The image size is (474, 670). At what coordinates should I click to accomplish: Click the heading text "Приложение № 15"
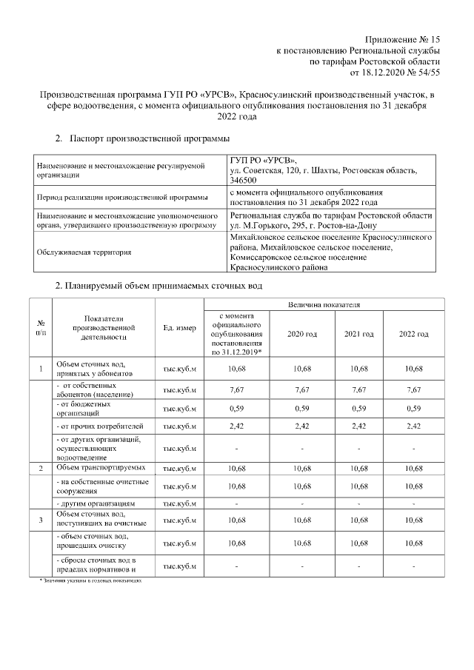coord(403,39)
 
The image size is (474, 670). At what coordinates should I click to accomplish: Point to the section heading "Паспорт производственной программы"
coord(149,138)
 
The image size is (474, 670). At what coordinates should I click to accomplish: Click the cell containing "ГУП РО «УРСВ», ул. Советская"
coord(330,170)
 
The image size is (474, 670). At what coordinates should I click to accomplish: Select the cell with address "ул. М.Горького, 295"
coord(330,219)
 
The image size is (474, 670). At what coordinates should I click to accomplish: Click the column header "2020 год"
coord(301,335)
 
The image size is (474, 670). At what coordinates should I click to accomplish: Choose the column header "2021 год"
coord(358,335)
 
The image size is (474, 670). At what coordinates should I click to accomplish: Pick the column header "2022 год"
coord(413,335)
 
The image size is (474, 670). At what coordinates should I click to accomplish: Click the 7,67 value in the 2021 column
coord(358,389)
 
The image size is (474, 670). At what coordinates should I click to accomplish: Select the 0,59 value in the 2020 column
coord(301,408)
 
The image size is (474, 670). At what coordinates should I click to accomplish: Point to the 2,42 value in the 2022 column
coord(413,427)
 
